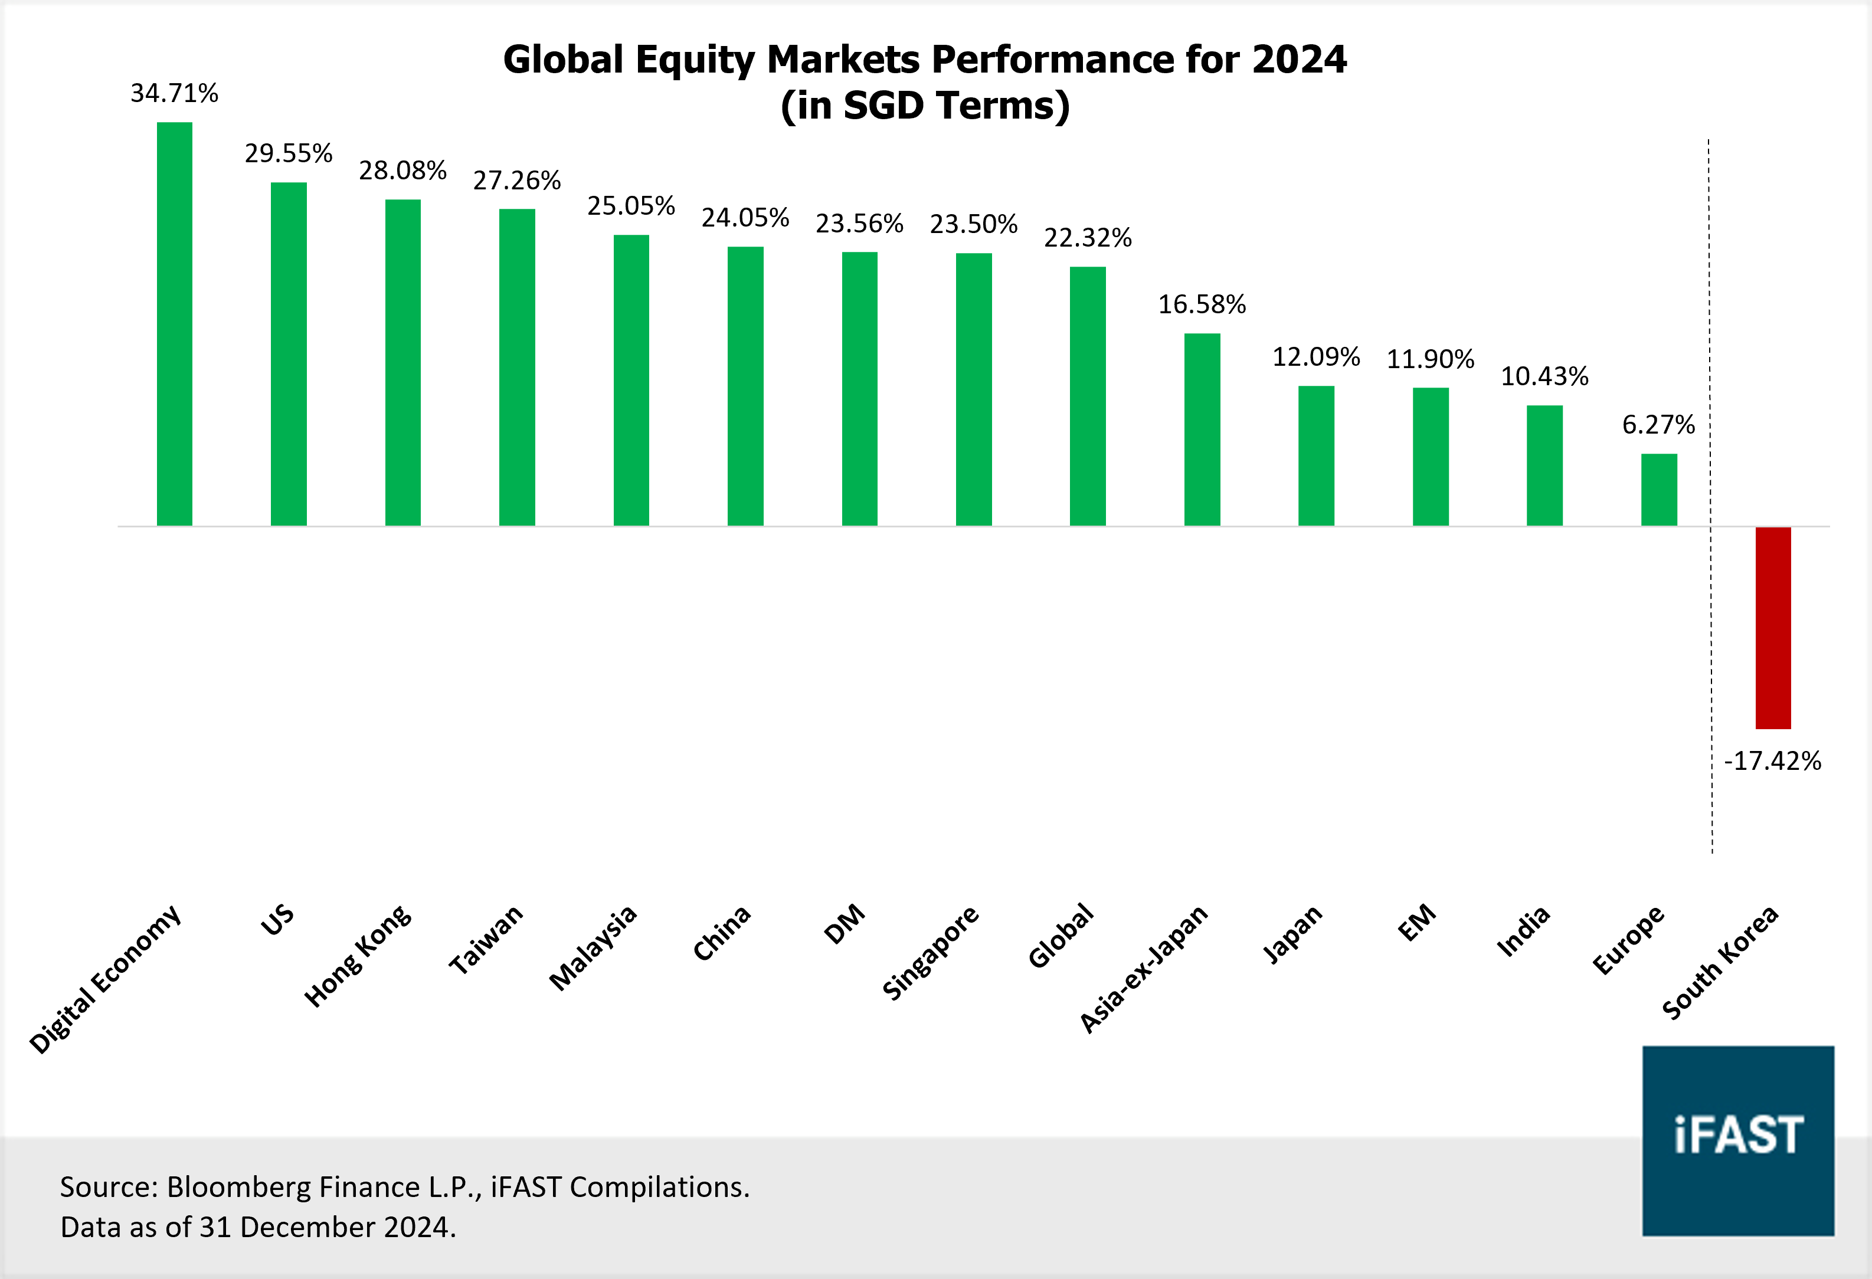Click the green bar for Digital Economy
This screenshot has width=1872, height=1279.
click(x=174, y=324)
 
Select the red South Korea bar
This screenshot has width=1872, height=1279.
click(x=1773, y=628)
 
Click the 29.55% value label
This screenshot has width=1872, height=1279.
click(x=289, y=153)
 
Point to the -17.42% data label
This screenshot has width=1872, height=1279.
click(x=1772, y=760)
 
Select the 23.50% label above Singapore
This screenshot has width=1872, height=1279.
click(x=973, y=224)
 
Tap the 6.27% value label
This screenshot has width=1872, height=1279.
click(x=1658, y=424)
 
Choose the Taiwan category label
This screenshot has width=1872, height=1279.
click(x=486, y=939)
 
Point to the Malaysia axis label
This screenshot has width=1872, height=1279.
click(x=594, y=947)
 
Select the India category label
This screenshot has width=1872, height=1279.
click(x=1523, y=930)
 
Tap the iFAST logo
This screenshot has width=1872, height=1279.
click(x=1737, y=1140)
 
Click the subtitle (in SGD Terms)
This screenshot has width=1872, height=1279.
click(x=925, y=106)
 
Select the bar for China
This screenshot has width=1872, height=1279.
click(x=745, y=386)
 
